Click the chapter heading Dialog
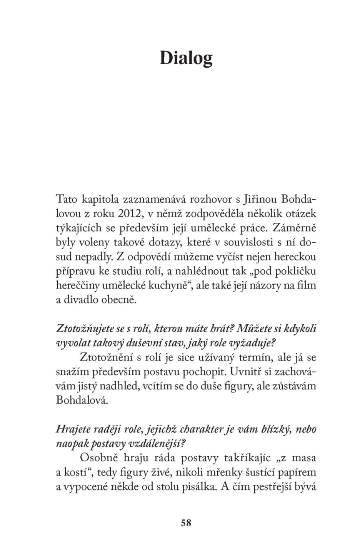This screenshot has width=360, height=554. point(186,58)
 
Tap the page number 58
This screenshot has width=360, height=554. point(186,523)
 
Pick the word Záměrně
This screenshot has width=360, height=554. point(294,228)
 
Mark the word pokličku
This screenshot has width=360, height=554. point(294,271)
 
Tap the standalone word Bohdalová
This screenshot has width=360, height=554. point(80,400)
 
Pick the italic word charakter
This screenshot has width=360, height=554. point(201,429)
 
